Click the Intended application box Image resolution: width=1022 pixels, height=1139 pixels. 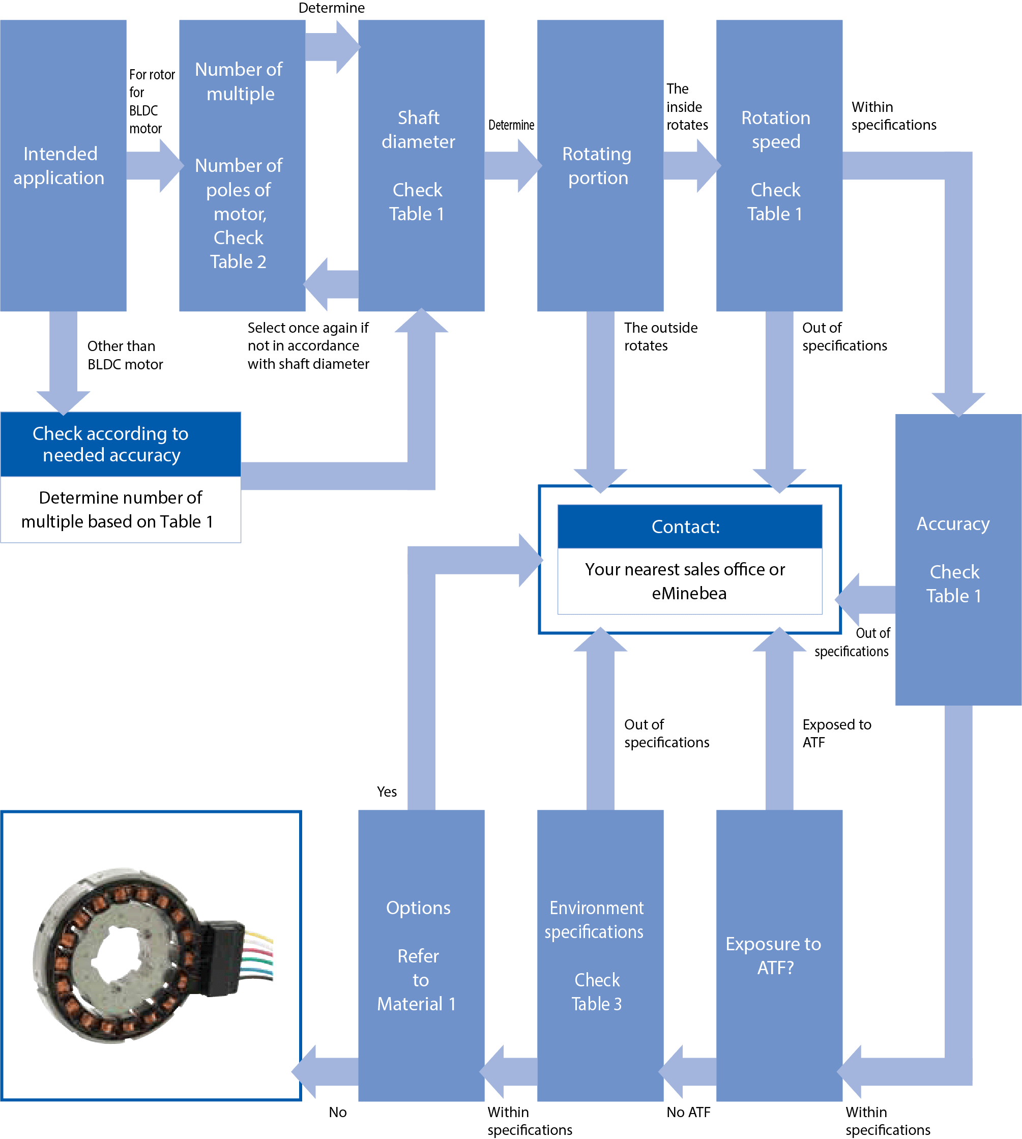[x=63, y=166]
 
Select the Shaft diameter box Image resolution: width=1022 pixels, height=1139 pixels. [x=421, y=166]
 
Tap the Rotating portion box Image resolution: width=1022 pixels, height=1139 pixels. [x=600, y=166]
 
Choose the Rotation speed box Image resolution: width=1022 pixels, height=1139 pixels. [x=779, y=166]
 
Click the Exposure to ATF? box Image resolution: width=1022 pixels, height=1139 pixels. [x=779, y=955]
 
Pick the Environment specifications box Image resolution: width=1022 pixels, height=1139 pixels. [x=600, y=955]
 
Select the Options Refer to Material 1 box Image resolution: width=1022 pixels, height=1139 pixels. [x=421, y=955]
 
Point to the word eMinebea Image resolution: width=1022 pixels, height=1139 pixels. [x=689, y=594]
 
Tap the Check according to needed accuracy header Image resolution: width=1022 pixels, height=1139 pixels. [x=120, y=444]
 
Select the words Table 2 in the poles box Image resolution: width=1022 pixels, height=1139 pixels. [x=238, y=261]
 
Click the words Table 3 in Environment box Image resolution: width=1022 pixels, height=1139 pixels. [x=596, y=1004]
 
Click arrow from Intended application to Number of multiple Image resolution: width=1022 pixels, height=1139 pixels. [x=153, y=166]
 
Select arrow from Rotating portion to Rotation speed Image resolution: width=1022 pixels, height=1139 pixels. [x=691, y=166]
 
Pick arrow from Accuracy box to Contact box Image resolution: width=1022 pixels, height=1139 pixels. [x=865, y=599]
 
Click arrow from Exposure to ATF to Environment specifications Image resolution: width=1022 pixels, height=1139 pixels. [x=688, y=1072]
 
